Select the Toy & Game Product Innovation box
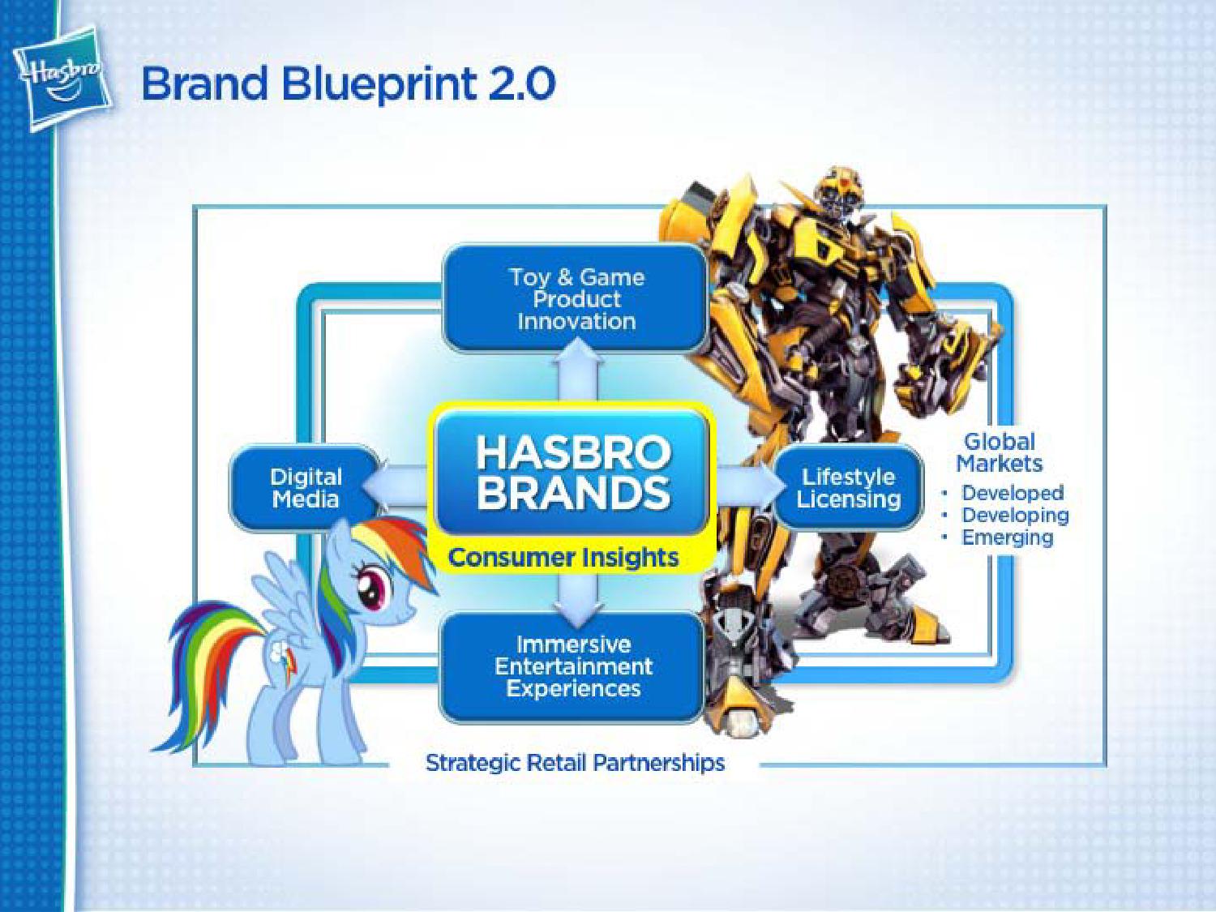(x=576, y=300)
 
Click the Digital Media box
(x=305, y=488)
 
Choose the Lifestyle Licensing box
(x=848, y=488)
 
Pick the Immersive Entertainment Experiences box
(x=573, y=666)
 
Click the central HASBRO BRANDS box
(x=573, y=473)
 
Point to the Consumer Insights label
(x=563, y=558)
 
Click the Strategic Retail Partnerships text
(x=575, y=763)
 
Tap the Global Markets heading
(x=999, y=452)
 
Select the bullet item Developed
(x=1013, y=494)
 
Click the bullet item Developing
(x=1015, y=516)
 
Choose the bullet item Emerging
(x=1007, y=537)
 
